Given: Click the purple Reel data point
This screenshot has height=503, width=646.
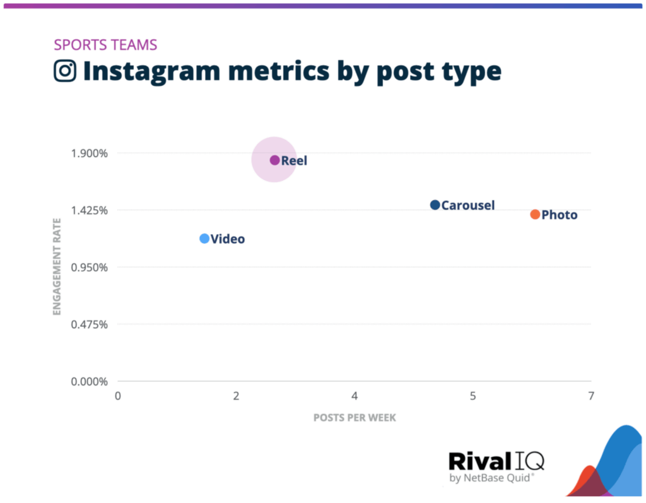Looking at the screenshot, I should tap(274, 160).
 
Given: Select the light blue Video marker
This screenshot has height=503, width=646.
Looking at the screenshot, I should tap(204, 239).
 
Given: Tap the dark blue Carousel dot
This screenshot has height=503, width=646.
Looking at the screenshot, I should tap(435, 205).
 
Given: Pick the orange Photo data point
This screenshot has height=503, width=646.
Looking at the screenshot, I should tap(535, 215).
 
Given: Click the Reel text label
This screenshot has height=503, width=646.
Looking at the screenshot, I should tap(294, 161).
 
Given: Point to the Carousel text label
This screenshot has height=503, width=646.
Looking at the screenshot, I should tap(468, 206).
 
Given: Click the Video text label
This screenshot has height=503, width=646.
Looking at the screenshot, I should tap(228, 239).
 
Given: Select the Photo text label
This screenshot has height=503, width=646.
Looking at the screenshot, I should tap(560, 215).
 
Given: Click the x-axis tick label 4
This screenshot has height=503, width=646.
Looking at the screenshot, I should tap(355, 396).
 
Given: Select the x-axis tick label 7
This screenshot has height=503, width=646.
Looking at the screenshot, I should tap(590, 396).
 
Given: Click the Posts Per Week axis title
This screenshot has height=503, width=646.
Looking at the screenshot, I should tap(355, 418).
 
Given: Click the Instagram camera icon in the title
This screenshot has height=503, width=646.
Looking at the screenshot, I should tap(64, 71).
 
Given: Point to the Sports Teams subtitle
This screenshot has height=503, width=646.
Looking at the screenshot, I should tap(105, 45).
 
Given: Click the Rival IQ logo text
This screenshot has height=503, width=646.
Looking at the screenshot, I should tap(495, 461).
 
